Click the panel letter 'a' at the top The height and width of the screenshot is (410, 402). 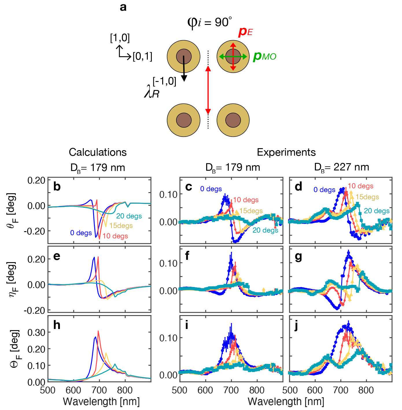tap(123, 7)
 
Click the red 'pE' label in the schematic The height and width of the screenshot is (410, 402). tap(246, 32)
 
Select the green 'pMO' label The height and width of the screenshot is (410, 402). tap(265, 56)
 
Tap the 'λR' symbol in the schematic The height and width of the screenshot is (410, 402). tap(152, 92)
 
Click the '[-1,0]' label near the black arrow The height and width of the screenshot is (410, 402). tap(164, 81)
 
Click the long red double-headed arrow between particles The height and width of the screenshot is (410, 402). tap(208, 90)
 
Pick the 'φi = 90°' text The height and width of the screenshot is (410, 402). tap(209, 22)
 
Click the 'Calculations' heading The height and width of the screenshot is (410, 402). tap(98, 152)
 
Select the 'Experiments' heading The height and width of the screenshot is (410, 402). tap(286, 152)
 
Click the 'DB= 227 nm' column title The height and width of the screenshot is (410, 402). tap(342, 167)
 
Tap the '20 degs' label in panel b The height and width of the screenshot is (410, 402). tap(129, 216)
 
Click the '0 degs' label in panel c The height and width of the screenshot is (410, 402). tap(211, 189)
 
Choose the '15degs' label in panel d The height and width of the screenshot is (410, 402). tap(367, 197)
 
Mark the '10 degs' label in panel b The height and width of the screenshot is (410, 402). tap(115, 236)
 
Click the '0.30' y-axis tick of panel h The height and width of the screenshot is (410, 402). tap(36, 332)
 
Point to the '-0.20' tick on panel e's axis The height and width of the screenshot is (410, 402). tap(34, 310)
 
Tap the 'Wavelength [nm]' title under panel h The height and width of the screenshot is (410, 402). tap(101, 402)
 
